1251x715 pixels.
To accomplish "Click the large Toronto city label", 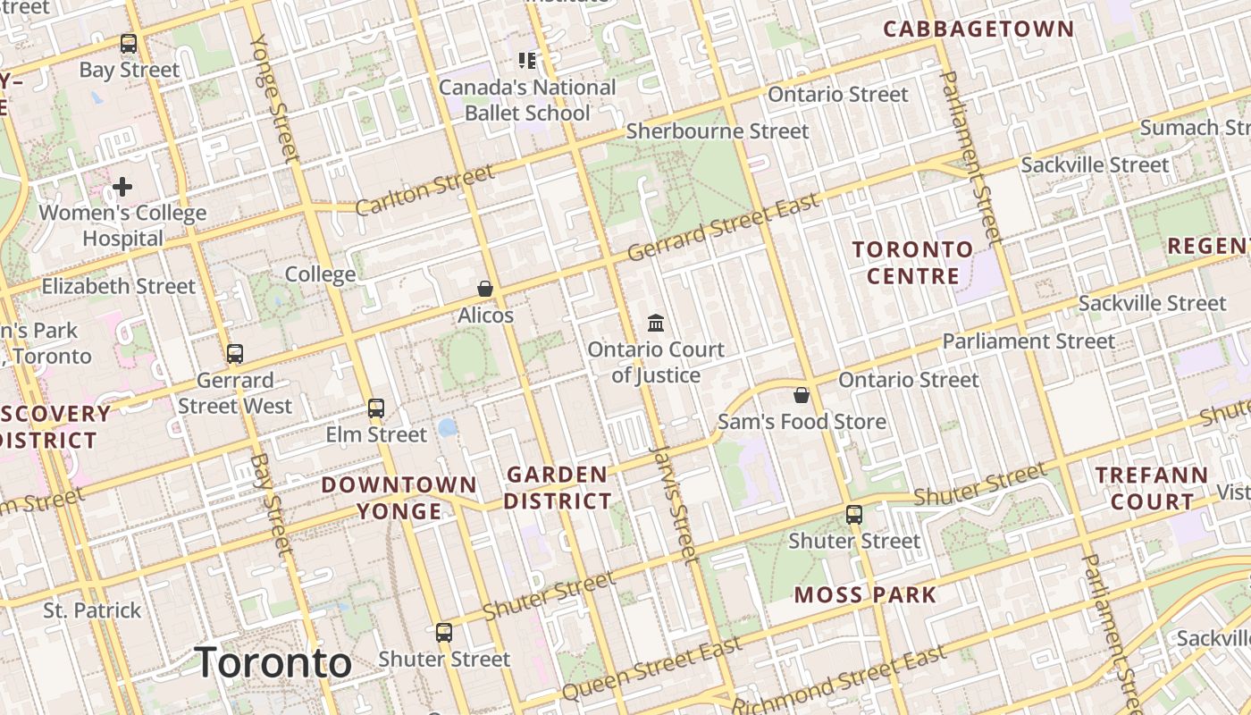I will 273,662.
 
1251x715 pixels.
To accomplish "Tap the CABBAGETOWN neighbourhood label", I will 978,29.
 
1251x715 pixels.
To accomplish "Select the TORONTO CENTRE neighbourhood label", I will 911,262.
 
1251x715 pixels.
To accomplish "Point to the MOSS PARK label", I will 865,594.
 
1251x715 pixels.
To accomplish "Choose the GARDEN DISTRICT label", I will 558,487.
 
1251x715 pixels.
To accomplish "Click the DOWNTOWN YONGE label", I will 399,498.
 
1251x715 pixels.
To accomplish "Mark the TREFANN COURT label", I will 1152,488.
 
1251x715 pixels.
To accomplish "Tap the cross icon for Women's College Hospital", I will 122,187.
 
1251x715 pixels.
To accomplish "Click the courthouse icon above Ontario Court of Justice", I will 656,322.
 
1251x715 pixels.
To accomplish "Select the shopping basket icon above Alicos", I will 485,288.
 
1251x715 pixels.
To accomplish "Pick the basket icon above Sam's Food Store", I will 802,394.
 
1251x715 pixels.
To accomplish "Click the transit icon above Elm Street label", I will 376,408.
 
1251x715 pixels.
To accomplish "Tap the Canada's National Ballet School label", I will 527,100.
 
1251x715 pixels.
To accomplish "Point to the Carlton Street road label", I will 424,189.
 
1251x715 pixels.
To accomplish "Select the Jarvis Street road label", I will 673,505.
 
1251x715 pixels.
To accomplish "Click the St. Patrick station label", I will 93,610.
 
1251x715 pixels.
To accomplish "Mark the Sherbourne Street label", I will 717,131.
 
